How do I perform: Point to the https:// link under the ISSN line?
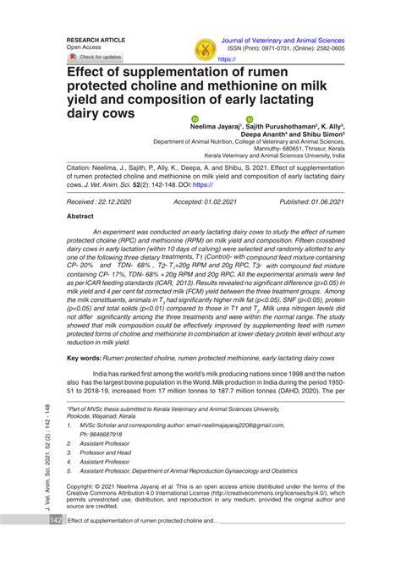[228, 60]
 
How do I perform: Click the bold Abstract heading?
[81, 217]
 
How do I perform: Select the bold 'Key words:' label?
[83, 359]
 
